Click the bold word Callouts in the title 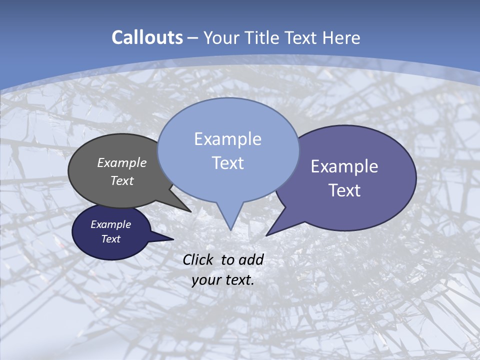pyautogui.click(x=147, y=37)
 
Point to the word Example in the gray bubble pyautogui.click(x=122, y=162)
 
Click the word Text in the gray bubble pyautogui.click(x=122, y=180)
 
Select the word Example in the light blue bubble pyautogui.click(x=227, y=139)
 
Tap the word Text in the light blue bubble pyautogui.click(x=227, y=163)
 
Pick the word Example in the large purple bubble pyautogui.click(x=344, y=166)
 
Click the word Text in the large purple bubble pyautogui.click(x=344, y=190)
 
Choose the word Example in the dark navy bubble pyautogui.click(x=111, y=224)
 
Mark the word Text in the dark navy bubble pyautogui.click(x=111, y=239)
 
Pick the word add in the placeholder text pyautogui.click(x=251, y=259)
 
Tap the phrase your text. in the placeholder pyautogui.click(x=223, y=280)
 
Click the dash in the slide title pyautogui.click(x=193, y=38)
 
